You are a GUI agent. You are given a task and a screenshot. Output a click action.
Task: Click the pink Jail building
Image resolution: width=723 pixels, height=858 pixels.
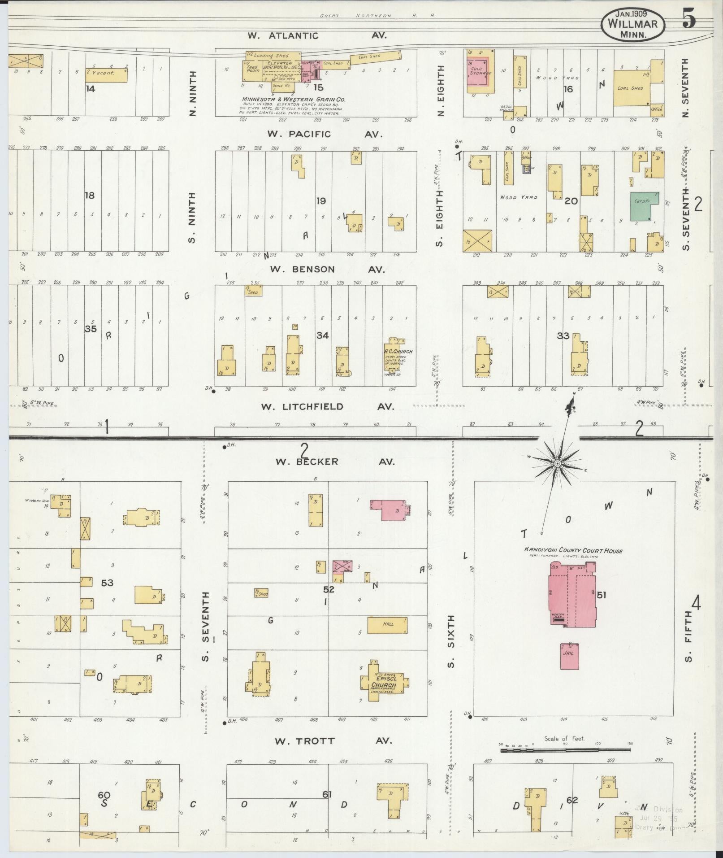(569, 657)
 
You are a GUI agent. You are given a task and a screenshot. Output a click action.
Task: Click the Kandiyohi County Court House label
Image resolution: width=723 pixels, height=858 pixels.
(574, 550)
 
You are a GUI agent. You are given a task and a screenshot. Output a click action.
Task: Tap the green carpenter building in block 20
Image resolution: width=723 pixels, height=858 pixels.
(644, 206)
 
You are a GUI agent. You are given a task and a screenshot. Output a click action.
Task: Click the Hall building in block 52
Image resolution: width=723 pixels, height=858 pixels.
(387, 625)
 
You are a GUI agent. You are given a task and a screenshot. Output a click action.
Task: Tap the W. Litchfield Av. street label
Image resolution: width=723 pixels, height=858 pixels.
(327, 407)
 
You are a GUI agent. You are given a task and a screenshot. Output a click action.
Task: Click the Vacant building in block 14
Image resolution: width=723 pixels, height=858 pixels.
(106, 75)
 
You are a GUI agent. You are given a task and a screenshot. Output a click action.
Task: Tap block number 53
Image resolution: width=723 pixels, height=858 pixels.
(107, 583)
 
